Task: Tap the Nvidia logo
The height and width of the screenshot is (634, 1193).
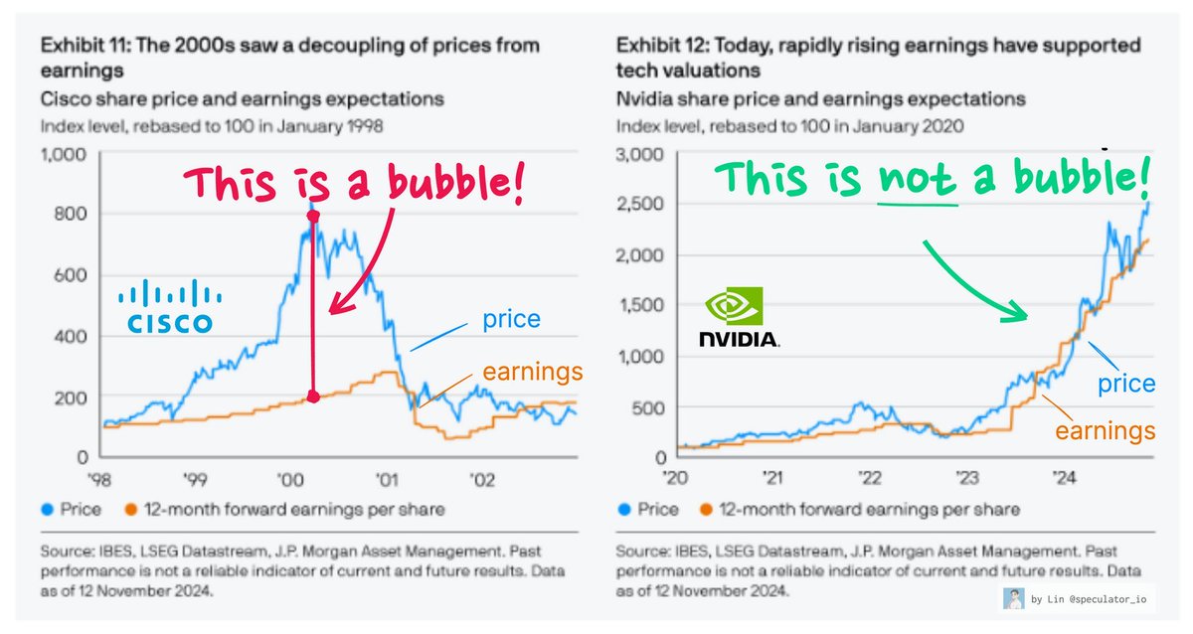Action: coord(738,317)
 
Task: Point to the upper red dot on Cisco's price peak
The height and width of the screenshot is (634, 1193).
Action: coord(313,216)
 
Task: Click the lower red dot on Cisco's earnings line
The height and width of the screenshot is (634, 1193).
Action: coord(313,396)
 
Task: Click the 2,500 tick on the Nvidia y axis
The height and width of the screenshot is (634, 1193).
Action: coord(641,205)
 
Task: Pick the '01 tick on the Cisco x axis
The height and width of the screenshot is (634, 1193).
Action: coord(384,479)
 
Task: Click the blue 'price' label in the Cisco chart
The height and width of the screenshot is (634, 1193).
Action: coord(511,319)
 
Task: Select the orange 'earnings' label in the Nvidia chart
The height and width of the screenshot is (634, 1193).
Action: coord(1104,430)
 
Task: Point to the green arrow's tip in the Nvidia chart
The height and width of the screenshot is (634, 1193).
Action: coord(1027,316)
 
